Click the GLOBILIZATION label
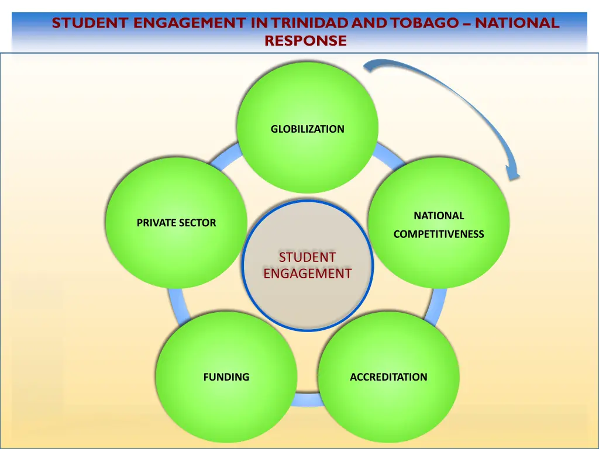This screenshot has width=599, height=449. pos(307,129)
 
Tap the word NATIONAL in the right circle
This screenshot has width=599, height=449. pos(439,216)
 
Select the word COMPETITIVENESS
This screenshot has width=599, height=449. pos(439,234)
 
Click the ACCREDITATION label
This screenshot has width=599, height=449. pos(388,377)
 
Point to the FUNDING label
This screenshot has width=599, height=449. pos(226,377)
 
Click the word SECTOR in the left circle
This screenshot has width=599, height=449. pos(197,223)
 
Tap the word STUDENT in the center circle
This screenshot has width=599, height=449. pos(307,257)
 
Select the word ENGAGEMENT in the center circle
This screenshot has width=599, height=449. pos(307,274)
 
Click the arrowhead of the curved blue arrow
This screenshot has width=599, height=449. pos(512,173)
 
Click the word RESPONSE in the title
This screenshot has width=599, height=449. pos(305,41)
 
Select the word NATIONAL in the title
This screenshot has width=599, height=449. pos(517,23)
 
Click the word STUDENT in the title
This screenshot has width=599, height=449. pos(90,23)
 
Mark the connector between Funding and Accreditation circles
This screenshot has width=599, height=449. pos(307,400)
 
